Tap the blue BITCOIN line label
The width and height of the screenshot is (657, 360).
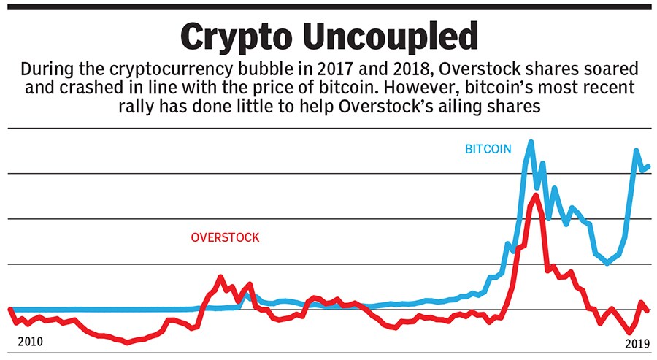(488, 149)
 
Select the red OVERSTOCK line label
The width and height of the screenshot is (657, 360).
(225, 237)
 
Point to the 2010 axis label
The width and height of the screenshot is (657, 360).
(30, 342)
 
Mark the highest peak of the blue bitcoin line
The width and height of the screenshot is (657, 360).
(530, 141)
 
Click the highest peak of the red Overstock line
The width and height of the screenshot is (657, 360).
(537, 194)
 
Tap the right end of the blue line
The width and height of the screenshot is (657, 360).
(648, 166)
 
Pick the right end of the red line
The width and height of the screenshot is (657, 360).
(648, 310)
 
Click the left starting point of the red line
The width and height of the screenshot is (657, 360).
(10, 309)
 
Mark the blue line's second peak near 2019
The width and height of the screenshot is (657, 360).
(637, 150)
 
